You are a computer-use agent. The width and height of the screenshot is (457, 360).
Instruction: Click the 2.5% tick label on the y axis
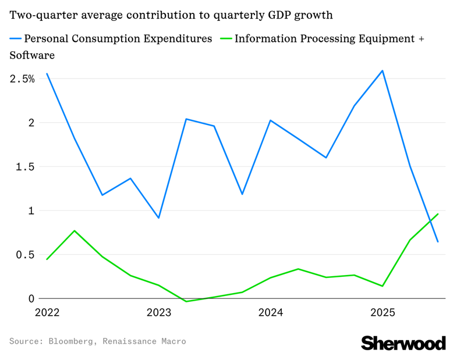(22, 79)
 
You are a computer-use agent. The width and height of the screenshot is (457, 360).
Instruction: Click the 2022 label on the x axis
(47, 313)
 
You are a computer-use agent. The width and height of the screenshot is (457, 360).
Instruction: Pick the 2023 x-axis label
(159, 313)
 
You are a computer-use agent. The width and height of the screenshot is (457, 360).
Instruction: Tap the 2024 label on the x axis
(270, 313)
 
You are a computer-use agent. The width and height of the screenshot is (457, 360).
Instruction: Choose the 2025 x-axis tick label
(382, 313)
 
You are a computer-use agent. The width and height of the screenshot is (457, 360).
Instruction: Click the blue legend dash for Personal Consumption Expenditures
(15, 39)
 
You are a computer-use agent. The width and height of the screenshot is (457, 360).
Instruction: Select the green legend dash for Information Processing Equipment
(226, 39)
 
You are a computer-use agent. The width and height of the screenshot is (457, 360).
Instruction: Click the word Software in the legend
(32, 56)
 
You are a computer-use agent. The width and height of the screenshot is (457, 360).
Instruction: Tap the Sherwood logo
(403, 343)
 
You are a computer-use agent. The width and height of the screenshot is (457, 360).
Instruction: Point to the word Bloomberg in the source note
(71, 341)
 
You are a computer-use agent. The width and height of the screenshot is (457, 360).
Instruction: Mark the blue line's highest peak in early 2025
(382, 71)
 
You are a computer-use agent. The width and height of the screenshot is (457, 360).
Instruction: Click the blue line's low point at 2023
(159, 218)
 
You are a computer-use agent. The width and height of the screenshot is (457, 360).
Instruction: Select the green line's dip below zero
(186, 301)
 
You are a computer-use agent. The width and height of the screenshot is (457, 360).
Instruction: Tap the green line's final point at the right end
(438, 214)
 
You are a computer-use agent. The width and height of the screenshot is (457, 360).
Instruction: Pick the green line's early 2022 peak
(75, 231)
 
